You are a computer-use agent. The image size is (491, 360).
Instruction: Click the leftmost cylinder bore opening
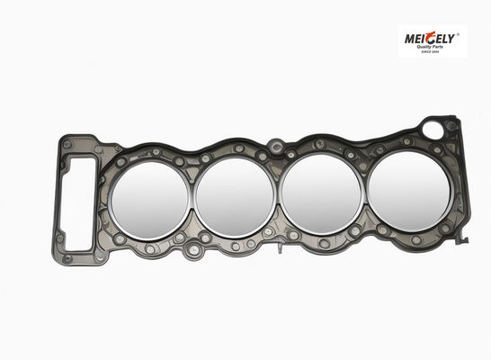tap(150, 200)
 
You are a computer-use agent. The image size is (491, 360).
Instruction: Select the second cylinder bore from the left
tap(235, 197)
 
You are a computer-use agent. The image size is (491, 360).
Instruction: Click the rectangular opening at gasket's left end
tap(77, 203)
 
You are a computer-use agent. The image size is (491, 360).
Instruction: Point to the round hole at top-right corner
tap(433, 130)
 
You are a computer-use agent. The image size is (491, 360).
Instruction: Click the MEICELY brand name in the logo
tap(429, 39)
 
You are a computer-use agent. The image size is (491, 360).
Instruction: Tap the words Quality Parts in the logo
tap(429, 47)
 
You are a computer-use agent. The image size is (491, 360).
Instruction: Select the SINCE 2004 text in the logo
tap(431, 51)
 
